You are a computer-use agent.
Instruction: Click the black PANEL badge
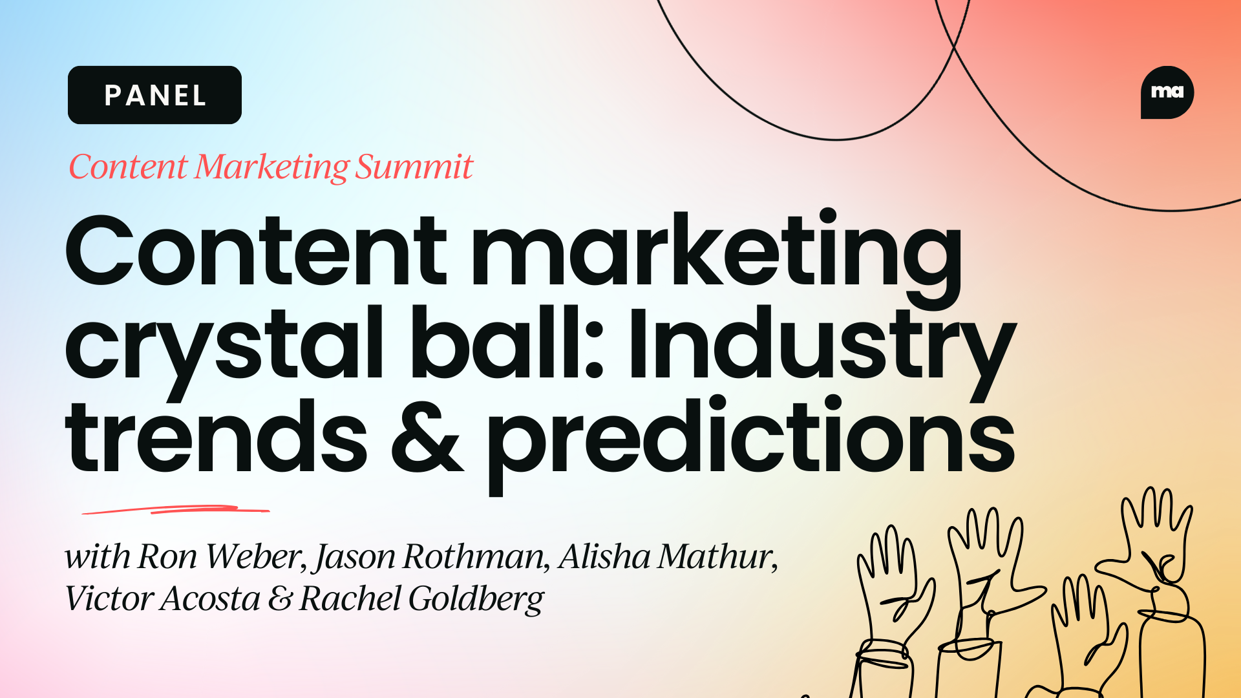pyautogui.click(x=154, y=95)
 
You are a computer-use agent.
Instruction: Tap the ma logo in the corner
pyautogui.click(x=1167, y=92)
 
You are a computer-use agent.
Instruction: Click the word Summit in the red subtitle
pyautogui.click(x=414, y=167)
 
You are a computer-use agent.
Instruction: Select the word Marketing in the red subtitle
pyautogui.click(x=271, y=167)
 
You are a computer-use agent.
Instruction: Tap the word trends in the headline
pyautogui.click(x=216, y=436)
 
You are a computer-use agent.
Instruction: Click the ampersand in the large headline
pyautogui.click(x=427, y=436)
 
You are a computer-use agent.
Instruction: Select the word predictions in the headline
pyautogui.click(x=750, y=439)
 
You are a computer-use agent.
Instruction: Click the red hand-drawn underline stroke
pyautogui.click(x=176, y=510)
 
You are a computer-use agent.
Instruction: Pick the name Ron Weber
pyautogui.click(x=220, y=556)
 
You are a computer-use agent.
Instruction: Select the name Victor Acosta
pyautogui.click(x=162, y=598)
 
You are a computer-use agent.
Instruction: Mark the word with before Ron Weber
pyautogui.click(x=97, y=556)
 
